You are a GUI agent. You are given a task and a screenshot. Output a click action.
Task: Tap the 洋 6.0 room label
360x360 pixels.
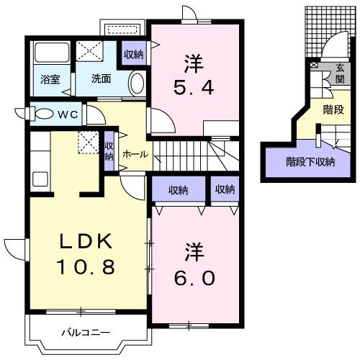(x=194, y=266)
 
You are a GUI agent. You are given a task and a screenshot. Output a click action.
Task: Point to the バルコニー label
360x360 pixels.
(x=85, y=333)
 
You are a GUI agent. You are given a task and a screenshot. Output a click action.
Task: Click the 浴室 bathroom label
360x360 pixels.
(x=49, y=79)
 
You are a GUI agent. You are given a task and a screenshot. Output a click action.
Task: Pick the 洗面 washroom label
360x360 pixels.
(x=101, y=79)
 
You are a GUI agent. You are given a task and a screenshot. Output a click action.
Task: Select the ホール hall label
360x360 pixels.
(x=135, y=154)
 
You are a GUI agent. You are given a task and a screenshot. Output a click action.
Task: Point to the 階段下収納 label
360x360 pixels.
(x=310, y=161)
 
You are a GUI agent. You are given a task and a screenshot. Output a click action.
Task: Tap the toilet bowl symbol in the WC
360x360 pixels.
(x=42, y=114)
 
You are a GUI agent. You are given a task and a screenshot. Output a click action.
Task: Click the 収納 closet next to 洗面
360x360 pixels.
(x=133, y=54)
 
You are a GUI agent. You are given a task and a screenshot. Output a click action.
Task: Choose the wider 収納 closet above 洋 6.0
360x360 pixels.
(x=179, y=190)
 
